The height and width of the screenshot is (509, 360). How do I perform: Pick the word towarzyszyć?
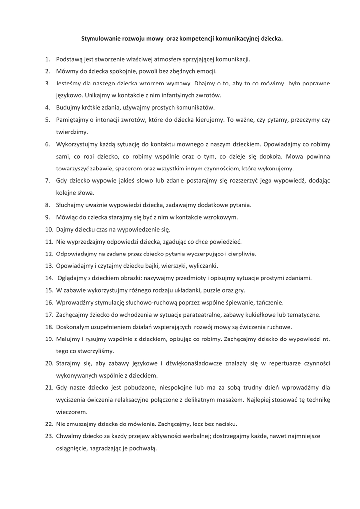[x=76, y=168]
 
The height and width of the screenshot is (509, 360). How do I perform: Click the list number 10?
[x=49, y=229]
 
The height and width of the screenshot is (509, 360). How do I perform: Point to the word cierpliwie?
[x=242, y=254]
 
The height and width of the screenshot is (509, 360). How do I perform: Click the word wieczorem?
[x=71, y=412]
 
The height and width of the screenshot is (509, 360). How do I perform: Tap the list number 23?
[x=49, y=436]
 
